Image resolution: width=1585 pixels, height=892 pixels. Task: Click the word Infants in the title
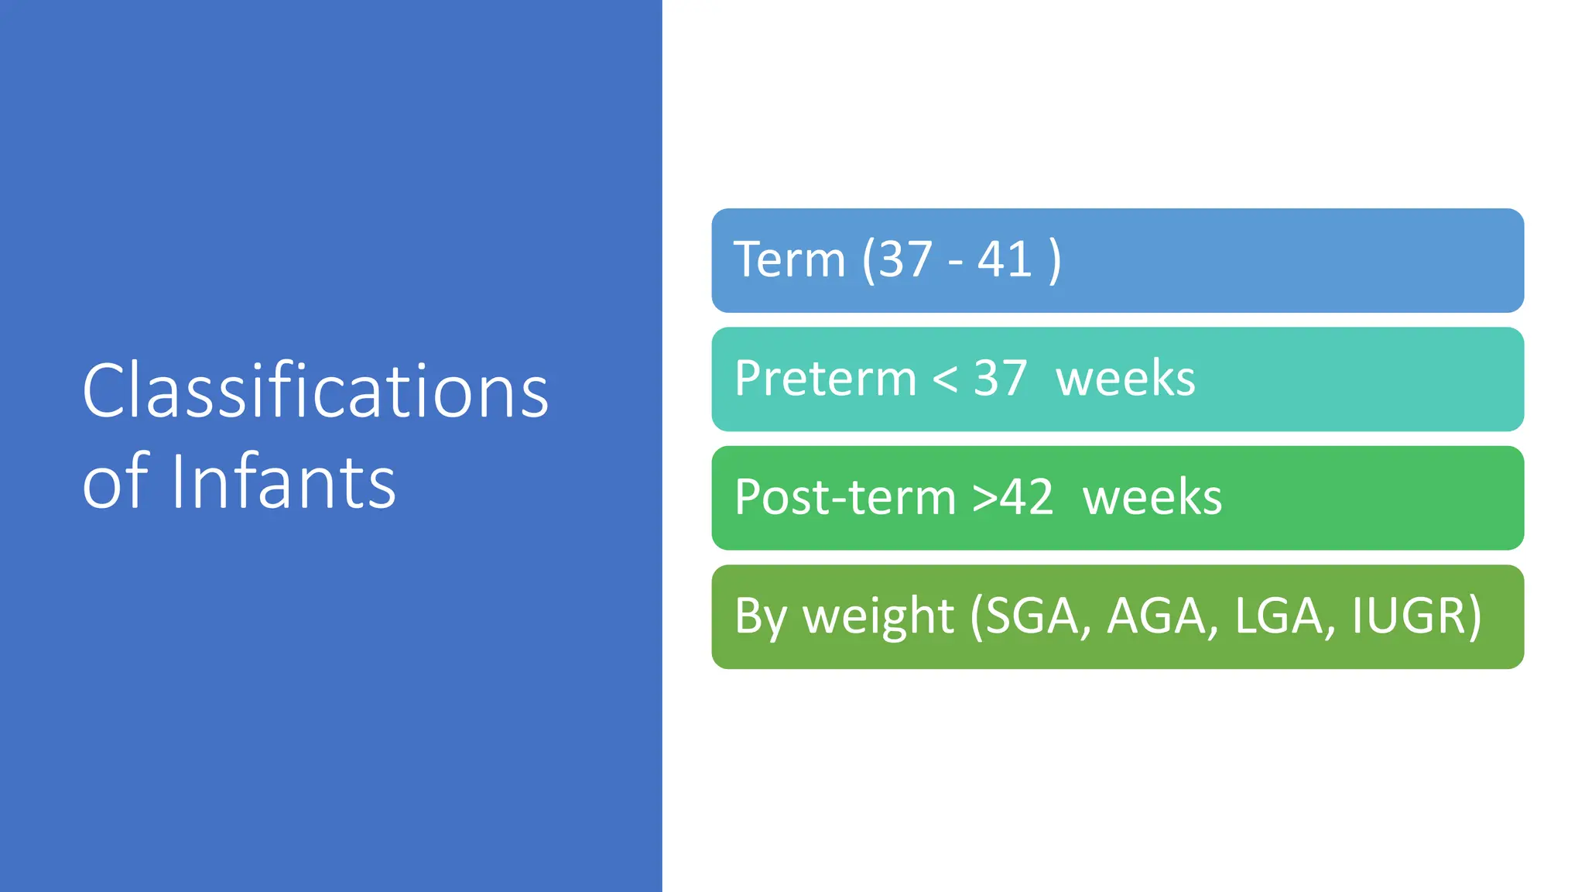point(283,482)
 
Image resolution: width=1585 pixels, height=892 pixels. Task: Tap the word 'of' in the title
point(115,482)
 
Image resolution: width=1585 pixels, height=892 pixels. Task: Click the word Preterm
point(825,379)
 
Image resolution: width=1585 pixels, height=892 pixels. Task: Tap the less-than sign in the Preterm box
point(945,380)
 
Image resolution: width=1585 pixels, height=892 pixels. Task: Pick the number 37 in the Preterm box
point(1000,379)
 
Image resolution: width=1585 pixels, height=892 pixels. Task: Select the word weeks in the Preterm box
point(1125,379)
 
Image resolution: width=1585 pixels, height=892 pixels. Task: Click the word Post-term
point(845,497)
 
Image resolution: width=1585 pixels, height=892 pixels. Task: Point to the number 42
point(1026,497)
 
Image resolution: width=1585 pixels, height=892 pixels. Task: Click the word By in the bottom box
point(760,617)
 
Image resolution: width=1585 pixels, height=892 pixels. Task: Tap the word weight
point(878,617)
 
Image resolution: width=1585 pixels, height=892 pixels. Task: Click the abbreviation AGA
point(1158,616)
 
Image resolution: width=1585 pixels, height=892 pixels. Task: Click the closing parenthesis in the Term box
point(1054,261)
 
